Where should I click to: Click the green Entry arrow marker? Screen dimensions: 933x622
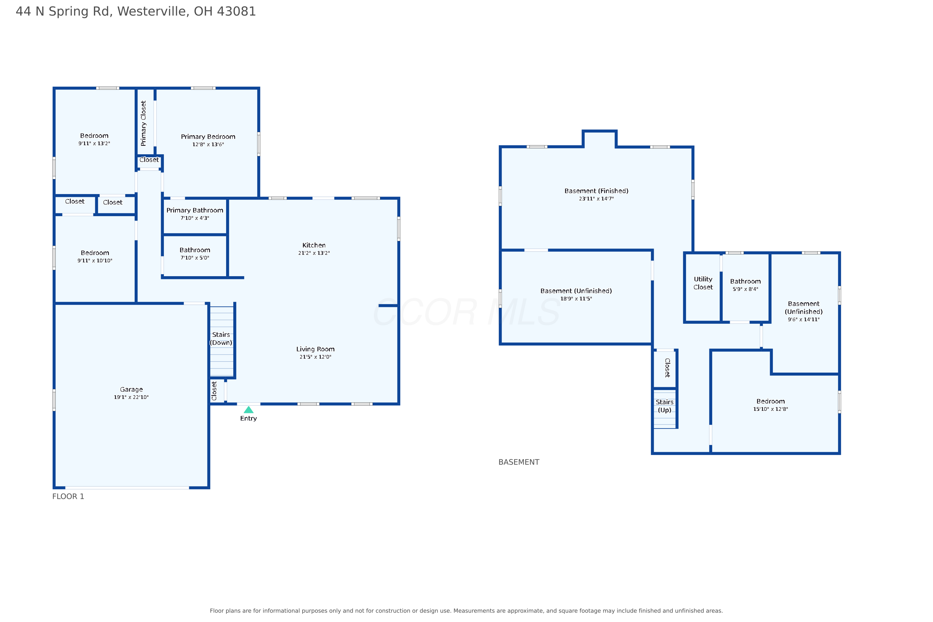pos(249,410)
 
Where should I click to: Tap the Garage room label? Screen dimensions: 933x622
pos(131,390)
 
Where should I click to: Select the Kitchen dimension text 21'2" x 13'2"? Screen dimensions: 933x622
pos(314,253)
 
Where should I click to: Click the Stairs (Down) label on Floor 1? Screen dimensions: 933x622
pos(221,339)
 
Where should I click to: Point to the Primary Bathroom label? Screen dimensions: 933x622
pos(195,210)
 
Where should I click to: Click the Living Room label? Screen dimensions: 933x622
pos(315,349)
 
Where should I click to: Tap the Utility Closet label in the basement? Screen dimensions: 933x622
pos(703,283)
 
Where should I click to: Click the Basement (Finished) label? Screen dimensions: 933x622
pos(596,191)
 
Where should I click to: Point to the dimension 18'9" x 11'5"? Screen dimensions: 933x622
pos(576,299)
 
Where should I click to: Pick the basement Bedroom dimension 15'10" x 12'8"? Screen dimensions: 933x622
pos(770,409)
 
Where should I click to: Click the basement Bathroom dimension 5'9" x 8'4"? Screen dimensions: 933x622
pos(745,289)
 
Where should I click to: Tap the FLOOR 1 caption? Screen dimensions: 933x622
pos(68,496)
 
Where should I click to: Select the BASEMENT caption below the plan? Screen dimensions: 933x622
pos(519,462)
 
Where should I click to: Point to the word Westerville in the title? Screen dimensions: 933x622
pos(151,11)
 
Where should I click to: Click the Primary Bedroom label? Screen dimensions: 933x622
pos(208,137)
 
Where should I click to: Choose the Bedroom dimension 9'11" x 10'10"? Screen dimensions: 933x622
pos(95,261)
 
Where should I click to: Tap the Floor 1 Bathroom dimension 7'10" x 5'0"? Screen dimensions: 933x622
pos(195,258)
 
